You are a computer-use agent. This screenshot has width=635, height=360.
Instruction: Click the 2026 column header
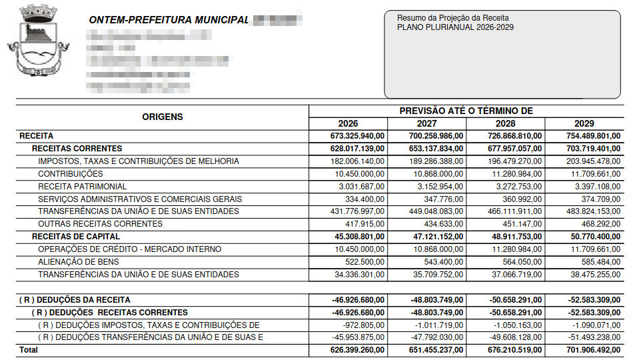[348, 123]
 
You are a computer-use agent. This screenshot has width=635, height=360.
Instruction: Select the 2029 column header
[584, 123]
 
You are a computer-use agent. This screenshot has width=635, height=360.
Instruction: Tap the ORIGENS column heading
[162, 117]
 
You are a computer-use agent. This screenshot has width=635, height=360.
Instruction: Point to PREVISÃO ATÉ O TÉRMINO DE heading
[466, 111]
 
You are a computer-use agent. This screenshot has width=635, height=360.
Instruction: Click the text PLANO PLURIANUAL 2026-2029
[455, 27]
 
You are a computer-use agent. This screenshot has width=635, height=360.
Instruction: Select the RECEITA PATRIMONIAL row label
[82, 187]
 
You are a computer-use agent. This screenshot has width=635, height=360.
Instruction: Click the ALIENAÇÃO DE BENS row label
[79, 262]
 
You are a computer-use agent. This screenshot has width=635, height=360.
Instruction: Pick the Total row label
[29, 350]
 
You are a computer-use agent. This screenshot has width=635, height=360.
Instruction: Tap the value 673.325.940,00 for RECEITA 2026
[357, 136]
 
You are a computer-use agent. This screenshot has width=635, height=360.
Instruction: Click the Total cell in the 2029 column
[592, 350]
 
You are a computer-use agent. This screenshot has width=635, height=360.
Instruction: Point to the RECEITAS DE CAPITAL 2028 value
[515, 237]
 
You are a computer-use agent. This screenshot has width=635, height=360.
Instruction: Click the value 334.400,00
[364, 199]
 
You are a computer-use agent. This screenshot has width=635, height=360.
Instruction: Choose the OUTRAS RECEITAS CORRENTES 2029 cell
[598, 224]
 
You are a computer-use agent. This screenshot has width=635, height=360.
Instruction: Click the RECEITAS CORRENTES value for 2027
[436, 149]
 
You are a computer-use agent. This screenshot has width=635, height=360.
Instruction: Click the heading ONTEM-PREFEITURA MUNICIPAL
[169, 20]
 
